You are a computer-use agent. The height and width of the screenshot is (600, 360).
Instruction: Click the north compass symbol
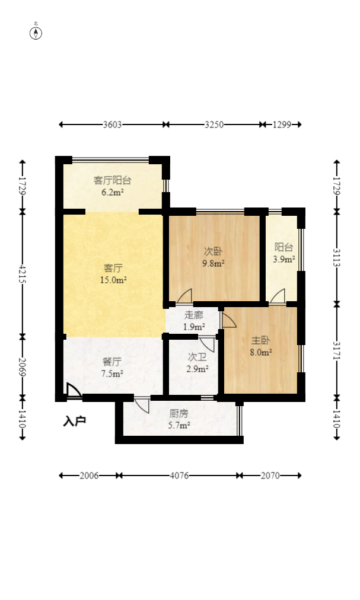36,33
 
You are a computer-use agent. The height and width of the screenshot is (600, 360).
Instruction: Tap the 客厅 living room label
113,268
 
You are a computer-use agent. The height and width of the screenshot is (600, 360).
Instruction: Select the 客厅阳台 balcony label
113,180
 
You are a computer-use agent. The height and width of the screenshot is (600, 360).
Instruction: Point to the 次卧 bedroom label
214,251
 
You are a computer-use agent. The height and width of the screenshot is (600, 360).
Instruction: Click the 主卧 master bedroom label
261,340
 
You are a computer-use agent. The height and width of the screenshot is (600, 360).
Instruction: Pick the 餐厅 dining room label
112,362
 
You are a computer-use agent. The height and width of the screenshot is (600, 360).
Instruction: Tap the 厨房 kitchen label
179,413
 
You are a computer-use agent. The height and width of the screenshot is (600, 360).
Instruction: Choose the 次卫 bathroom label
197,357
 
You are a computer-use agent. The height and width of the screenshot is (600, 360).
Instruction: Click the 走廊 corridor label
194,315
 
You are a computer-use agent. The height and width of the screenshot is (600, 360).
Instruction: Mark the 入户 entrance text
74,422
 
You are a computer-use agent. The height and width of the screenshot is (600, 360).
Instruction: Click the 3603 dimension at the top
112,125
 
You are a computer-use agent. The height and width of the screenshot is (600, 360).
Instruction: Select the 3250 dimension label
214,125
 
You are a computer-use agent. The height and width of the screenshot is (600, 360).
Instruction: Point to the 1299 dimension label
282,125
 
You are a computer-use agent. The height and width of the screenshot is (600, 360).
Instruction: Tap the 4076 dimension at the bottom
179,475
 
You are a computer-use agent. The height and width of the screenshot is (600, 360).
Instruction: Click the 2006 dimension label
89,475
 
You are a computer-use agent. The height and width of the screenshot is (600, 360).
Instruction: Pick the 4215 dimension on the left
22,274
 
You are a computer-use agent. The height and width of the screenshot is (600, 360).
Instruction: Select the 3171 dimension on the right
337,350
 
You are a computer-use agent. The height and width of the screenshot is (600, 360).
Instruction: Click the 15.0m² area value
113,280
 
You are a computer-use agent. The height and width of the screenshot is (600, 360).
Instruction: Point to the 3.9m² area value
283,260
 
